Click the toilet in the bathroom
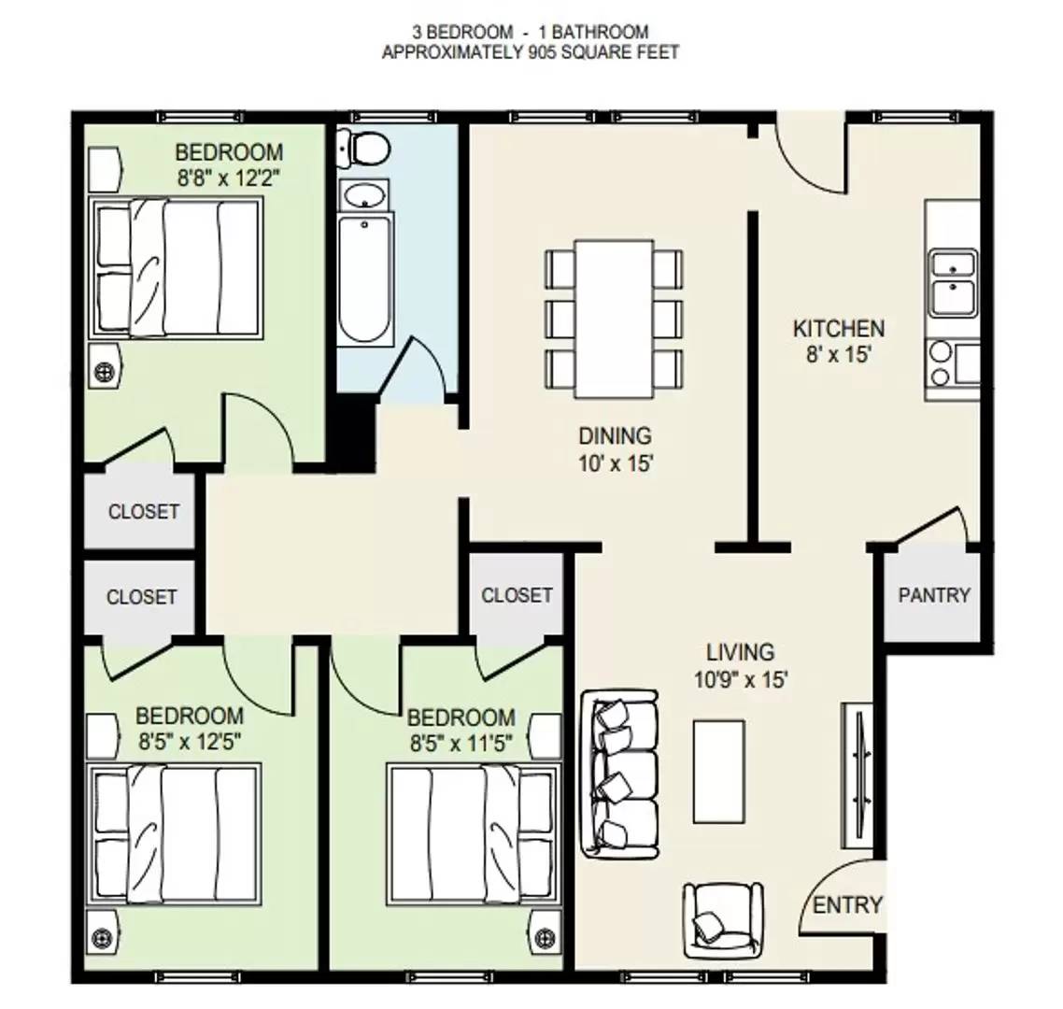(364, 148)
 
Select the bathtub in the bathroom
(364, 280)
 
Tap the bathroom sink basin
(364, 196)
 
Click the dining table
(615, 319)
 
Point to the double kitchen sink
(953, 283)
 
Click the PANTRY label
(934, 595)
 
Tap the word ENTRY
(847, 904)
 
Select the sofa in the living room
(619, 774)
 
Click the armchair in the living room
(722, 920)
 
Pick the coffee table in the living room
(718, 772)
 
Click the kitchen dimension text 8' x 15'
(838, 355)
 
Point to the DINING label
(615, 435)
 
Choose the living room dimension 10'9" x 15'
(741, 679)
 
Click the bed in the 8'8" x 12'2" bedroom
(176, 268)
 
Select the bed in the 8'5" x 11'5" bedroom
(474, 834)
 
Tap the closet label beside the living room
(517, 595)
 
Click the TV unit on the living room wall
(857, 775)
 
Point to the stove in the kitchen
(953, 364)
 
